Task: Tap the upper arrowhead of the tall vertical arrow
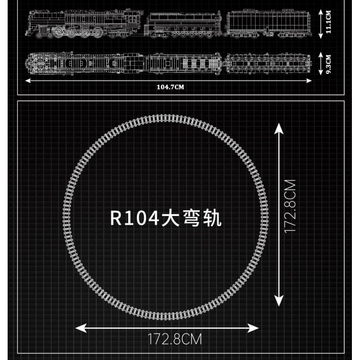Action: coord(279,129)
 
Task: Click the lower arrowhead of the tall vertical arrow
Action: coord(279,301)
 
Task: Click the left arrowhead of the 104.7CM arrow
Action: coord(27,81)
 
